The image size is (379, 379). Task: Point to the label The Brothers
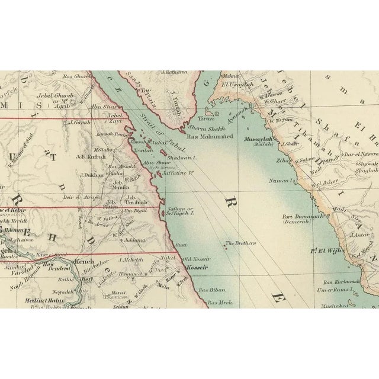tap(240, 243)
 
